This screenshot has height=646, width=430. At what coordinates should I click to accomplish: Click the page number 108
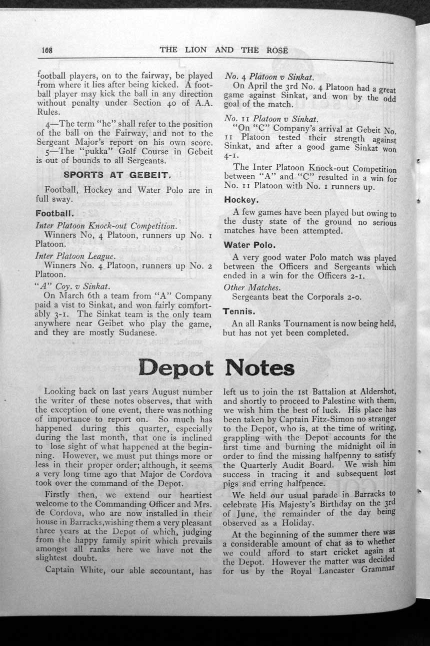point(47,50)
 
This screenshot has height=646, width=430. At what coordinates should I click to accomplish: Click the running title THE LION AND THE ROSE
point(224,50)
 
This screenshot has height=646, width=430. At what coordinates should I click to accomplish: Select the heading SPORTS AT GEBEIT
point(117,176)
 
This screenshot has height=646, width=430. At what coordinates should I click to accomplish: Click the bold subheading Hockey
point(241,199)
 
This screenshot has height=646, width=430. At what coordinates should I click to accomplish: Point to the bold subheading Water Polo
point(246,245)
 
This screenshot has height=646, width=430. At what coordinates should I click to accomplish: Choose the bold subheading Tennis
point(239,311)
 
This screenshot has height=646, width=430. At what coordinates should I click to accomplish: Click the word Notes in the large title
point(260,369)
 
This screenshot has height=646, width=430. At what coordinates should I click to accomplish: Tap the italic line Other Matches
point(252,287)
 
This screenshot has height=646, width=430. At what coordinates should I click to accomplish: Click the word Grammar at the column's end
point(379,569)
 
